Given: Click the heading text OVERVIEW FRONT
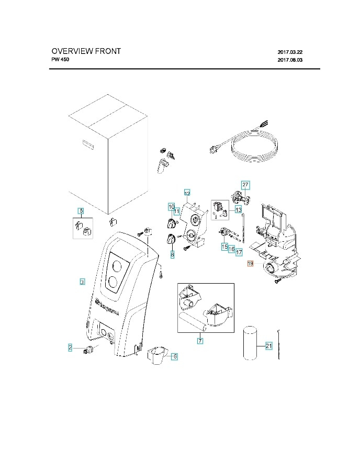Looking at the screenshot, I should (86, 51).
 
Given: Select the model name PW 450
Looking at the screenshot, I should (60, 60).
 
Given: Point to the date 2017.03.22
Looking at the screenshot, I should (290, 52).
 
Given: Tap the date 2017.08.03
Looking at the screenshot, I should (290, 60).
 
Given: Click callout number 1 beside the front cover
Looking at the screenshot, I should (82, 282).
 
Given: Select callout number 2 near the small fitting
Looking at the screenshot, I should (70, 347).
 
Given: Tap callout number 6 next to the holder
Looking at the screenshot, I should (175, 356).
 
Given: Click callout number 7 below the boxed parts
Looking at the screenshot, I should (200, 341).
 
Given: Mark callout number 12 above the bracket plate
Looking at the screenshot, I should (187, 193).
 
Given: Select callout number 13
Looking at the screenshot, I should (238, 210).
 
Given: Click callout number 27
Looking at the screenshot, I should (245, 185).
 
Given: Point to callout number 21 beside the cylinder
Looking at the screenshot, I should (268, 346).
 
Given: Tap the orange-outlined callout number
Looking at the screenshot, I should (250, 264).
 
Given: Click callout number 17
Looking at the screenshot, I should (239, 252).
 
